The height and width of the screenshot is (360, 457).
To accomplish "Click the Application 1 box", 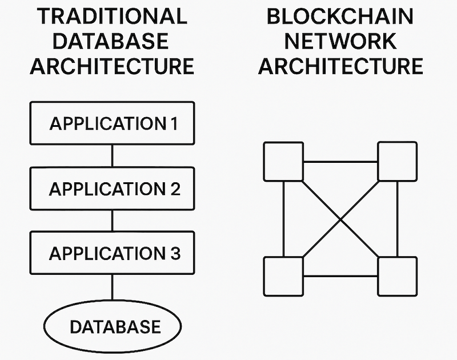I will [112, 123].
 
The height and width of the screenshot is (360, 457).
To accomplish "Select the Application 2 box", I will [112, 189].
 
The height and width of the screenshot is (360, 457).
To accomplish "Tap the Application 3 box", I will [112, 253].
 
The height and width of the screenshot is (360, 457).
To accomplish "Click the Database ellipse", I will [113, 327].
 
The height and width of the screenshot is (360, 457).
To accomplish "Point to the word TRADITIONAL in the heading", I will [112, 15].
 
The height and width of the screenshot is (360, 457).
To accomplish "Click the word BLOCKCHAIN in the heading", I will [340, 15].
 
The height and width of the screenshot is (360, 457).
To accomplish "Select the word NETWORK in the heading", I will [340, 41].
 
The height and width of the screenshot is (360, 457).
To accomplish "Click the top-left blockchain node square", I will [283, 162].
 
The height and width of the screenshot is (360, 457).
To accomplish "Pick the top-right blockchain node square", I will [398, 162].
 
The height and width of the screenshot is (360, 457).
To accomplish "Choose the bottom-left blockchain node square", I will [283, 277].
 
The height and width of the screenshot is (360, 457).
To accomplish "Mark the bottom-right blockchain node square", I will [398, 277].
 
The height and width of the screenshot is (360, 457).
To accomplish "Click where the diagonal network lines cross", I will [340, 219].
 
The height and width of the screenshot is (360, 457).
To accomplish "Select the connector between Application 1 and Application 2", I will [112, 155].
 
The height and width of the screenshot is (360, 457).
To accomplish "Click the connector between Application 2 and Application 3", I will [112, 221].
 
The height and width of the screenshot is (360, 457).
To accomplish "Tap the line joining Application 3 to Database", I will [112, 287].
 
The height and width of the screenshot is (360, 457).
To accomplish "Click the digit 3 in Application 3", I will [174, 253].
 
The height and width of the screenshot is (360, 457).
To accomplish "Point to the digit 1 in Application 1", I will [173, 123].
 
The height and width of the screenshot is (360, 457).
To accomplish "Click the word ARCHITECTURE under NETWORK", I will [340, 66].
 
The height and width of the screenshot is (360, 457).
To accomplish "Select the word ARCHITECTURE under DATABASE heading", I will [112, 66].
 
